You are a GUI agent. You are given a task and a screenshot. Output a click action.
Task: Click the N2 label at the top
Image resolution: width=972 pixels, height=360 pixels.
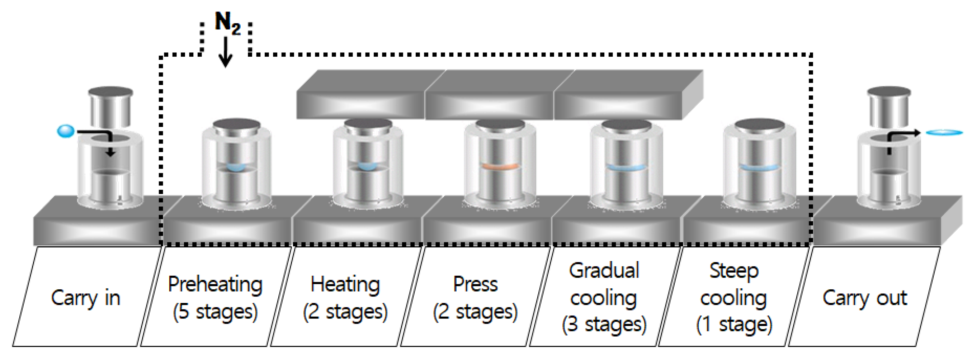click(227, 23)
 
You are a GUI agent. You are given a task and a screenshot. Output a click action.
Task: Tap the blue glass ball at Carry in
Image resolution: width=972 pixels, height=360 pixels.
click(65, 131)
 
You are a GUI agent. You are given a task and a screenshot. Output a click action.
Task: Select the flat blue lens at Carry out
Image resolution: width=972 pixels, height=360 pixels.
click(944, 132)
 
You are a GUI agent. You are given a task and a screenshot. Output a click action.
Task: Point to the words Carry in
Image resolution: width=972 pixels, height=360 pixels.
click(86, 298)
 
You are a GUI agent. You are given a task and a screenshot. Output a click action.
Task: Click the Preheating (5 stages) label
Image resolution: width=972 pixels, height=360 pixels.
click(215, 298)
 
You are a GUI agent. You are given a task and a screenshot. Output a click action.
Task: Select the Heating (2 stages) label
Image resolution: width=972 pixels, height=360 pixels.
click(345, 298)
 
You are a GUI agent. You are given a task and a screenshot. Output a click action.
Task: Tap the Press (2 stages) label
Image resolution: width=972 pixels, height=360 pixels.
click(475, 298)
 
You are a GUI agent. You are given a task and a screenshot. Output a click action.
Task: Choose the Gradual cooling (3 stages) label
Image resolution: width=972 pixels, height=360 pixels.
click(604, 298)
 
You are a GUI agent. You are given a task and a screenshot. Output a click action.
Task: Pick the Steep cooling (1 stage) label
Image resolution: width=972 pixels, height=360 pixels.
click(734, 298)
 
